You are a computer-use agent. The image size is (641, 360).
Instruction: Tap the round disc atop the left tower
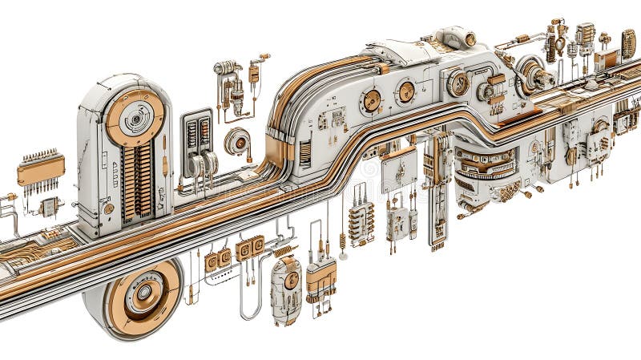click(x=135, y=117)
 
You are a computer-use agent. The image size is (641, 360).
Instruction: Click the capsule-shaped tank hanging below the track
click(x=285, y=289)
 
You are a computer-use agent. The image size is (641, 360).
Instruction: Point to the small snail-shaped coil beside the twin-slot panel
click(x=238, y=141)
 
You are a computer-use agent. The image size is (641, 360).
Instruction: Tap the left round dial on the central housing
click(x=371, y=100)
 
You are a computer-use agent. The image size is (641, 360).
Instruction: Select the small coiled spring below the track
click(x=283, y=251)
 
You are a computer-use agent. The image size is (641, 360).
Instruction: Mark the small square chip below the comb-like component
click(x=49, y=206)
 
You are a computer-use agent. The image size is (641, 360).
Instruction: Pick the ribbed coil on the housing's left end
click(x=304, y=152)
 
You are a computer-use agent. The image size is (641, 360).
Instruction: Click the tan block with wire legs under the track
click(x=320, y=277)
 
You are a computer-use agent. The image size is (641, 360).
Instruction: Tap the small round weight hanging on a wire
click(x=343, y=256)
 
